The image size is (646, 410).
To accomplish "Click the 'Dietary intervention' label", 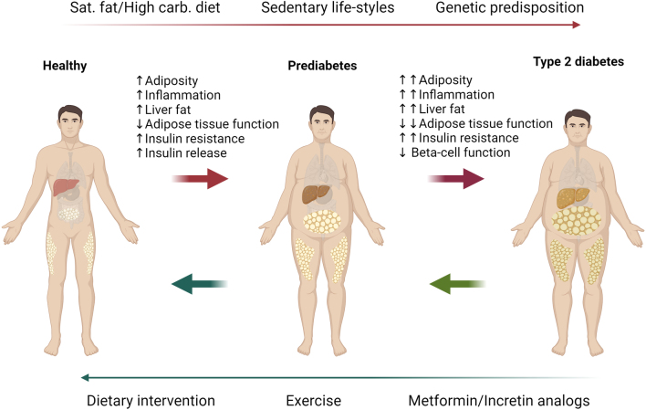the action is [151, 400].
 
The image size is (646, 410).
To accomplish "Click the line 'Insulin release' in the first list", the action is [182, 152].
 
